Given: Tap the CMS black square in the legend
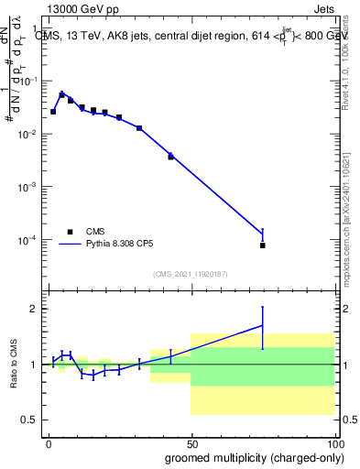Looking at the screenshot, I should point(70,232).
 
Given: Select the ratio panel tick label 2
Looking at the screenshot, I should point(32,309).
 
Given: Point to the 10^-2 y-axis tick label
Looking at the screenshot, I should point(28,135).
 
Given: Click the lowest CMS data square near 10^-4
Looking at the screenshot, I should point(262,245).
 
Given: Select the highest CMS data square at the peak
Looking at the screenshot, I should point(62,94).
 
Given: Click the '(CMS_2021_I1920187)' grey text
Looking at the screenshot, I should point(190,274).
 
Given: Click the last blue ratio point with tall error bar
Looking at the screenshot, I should point(262,325).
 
